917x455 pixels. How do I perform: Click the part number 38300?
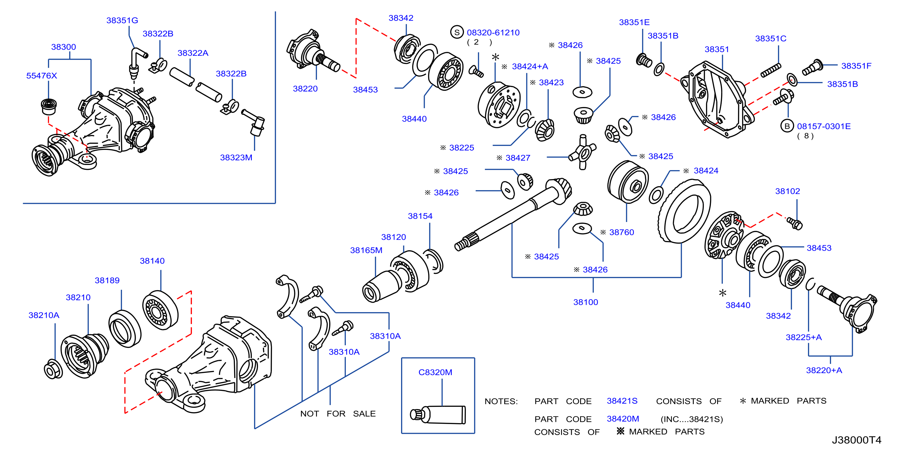click(x=63, y=47)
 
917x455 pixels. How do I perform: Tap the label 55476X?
click(x=42, y=76)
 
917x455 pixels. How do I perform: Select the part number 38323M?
click(x=236, y=158)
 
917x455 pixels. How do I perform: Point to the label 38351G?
click(x=122, y=20)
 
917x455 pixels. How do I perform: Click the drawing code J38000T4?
click(x=857, y=440)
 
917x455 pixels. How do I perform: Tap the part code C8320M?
click(x=435, y=372)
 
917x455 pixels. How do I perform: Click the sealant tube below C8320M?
click(x=438, y=415)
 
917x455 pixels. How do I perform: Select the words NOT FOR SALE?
click(x=338, y=414)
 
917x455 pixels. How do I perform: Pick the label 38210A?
click(x=44, y=315)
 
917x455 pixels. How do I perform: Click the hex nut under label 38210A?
click(x=53, y=369)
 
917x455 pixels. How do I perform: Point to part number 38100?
click(x=586, y=302)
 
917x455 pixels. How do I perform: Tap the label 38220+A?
click(x=824, y=370)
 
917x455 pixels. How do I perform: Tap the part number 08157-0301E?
click(x=824, y=126)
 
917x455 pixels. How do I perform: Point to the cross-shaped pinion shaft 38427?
click(x=582, y=152)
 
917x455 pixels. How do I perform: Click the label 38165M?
click(x=366, y=250)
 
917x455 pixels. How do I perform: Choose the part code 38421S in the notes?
click(x=622, y=401)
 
